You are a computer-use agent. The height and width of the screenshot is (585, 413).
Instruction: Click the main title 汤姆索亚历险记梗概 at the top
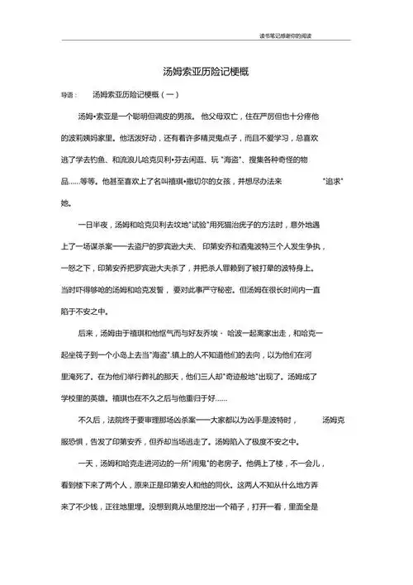click(x=206, y=72)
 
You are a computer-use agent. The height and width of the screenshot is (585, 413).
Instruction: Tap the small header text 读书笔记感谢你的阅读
click(x=287, y=36)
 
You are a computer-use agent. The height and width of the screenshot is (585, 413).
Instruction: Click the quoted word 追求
click(x=332, y=180)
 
